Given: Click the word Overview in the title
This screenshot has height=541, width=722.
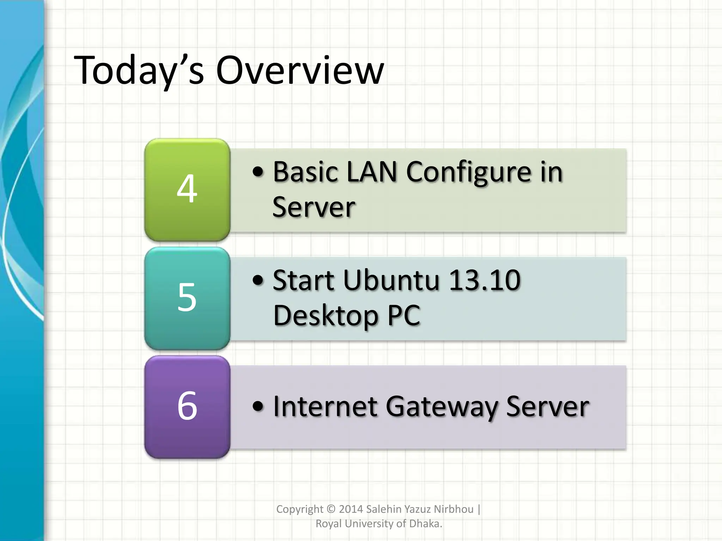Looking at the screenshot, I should tap(300, 70).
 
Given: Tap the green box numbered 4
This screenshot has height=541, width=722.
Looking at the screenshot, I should tap(187, 189).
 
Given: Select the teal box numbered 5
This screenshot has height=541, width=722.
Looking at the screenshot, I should tap(187, 298).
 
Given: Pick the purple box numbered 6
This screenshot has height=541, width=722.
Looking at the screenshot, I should tap(187, 406).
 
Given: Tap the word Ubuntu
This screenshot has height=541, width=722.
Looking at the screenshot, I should tap(391, 281).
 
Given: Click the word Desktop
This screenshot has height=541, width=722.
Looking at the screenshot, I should tap(325, 316).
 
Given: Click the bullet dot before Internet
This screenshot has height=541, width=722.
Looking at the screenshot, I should tap(258, 406).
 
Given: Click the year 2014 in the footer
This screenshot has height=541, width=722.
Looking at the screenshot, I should tap(351, 509).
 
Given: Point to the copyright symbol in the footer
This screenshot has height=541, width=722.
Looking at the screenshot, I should tap(331, 509).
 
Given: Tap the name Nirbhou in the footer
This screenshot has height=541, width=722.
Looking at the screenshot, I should tap(453, 509).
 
